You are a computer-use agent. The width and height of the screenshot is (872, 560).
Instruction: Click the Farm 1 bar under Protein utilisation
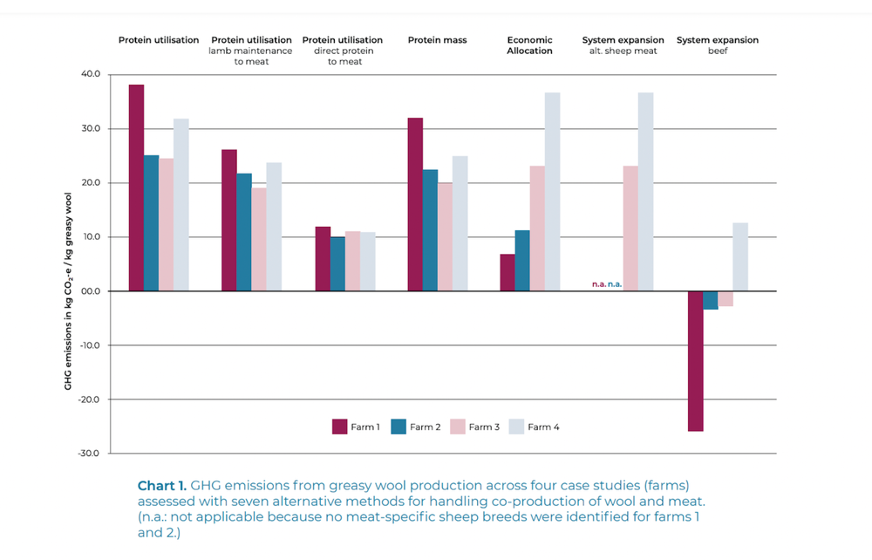click(136, 188)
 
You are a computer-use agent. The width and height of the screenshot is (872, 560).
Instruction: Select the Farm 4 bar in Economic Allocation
click(552, 192)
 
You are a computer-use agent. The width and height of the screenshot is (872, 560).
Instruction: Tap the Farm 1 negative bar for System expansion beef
click(695, 361)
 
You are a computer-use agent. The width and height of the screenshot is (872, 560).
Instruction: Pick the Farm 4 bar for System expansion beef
click(740, 257)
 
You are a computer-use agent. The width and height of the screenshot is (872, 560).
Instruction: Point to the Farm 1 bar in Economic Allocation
click(507, 272)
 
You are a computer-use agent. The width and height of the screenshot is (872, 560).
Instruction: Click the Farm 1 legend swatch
click(340, 427)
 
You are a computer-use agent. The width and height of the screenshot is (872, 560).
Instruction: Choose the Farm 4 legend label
click(543, 427)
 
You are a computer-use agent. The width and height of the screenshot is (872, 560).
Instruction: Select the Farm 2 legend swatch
click(399, 427)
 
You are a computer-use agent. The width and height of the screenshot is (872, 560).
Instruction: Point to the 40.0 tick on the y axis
click(90, 74)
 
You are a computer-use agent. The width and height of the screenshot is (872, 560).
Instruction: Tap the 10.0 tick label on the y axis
click(90, 237)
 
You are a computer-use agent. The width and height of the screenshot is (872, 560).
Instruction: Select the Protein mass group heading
click(437, 40)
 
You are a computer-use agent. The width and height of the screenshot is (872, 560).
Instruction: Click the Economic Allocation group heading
click(530, 45)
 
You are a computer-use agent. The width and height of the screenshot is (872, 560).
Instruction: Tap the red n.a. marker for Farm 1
click(599, 284)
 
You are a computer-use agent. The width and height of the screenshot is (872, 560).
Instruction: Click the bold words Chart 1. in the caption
click(162, 485)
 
